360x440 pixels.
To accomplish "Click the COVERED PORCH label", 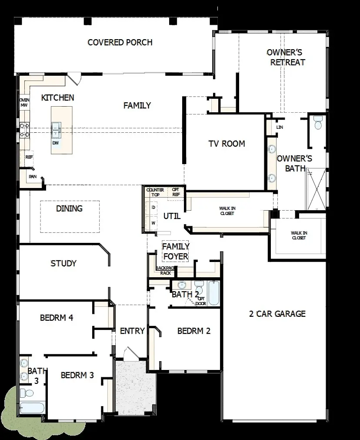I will (120, 43).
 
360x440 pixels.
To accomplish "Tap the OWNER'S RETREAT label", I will (287, 57).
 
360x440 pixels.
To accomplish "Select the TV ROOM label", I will (227, 144).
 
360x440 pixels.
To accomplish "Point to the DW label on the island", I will (56, 143).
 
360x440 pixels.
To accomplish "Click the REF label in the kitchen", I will (29, 157).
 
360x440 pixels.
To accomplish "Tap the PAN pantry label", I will (33, 177).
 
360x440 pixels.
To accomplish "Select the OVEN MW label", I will (24, 102).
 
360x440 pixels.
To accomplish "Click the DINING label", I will (69, 208).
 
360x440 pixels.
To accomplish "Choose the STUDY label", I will (63, 263).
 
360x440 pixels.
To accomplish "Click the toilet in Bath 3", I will (28, 393).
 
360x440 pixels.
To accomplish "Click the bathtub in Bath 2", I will (213, 293).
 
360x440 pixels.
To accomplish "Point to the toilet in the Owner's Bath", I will (317, 123).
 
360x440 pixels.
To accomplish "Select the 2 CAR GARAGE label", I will (277, 314).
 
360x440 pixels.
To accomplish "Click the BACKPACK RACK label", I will (166, 270).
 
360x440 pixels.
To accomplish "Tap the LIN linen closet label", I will (280, 127).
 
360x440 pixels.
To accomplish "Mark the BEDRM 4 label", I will (57, 318).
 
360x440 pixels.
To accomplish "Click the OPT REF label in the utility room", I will (176, 192).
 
